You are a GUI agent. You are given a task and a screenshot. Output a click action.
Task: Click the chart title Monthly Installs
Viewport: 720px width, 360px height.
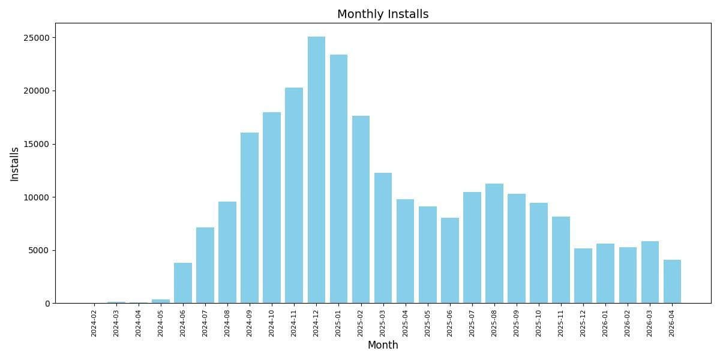click(x=383, y=14)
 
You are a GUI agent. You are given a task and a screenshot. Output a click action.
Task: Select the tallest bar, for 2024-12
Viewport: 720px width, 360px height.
click(x=316, y=170)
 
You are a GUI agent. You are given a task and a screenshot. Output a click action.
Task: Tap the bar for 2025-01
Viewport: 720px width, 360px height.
click(x=338, y=179)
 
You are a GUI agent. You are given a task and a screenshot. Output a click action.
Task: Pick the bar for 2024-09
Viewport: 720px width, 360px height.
click(x=250, y=218)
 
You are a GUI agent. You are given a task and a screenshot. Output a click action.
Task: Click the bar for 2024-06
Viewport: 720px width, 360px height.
click(x=183, y=283)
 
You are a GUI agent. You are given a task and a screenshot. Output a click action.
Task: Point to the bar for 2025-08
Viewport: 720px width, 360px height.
click(x=494, y=243)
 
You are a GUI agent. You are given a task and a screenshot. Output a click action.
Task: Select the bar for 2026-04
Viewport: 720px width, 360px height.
click(x=672, y=281)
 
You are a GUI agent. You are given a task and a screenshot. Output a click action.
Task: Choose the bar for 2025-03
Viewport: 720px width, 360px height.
click(x=383, y=238)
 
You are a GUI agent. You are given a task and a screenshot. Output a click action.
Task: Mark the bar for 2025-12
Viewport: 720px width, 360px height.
click(x=583, y=275)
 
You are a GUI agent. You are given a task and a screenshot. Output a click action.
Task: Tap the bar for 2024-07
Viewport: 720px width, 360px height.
click(x=205, y=265)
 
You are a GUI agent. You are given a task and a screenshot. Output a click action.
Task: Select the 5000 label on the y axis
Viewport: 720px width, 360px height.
click(x=40, y=250)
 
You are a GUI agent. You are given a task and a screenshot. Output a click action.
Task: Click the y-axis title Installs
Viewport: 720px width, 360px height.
click(x=15, y=164)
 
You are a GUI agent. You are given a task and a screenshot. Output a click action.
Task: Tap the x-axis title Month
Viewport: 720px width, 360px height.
click(x=383, y=345)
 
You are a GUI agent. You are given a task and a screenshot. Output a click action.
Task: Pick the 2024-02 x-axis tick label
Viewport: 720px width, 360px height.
click(x=94, y=323)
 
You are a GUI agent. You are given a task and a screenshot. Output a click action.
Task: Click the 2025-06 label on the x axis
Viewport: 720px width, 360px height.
click(x=449, y=323)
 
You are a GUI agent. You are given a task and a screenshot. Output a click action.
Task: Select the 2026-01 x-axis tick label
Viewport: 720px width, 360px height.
click(x=605, y=323)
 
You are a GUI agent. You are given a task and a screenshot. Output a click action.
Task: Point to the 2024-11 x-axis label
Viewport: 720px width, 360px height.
click(x=294, y=323)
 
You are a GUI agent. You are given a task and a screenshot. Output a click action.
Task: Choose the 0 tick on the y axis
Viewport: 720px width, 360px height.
click(x=47, y=304)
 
